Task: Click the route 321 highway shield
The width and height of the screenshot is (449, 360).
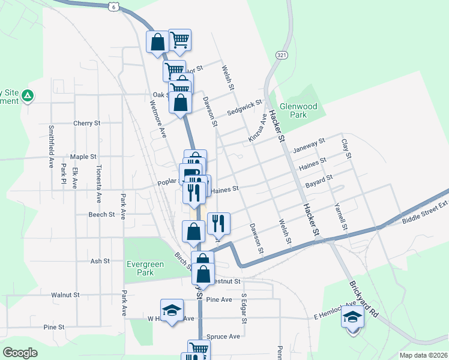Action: (281, 55)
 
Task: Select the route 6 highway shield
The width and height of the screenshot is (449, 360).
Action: (113, 6)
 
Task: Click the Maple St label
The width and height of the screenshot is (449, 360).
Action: (83, 157)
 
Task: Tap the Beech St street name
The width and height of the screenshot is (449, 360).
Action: (101, 214)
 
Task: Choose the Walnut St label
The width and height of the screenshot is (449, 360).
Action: (65, 295)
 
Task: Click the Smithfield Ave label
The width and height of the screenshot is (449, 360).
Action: (52, 140)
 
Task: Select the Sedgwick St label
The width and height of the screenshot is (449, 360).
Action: (245, 109)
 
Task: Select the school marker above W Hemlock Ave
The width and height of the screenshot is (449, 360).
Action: (172, 310)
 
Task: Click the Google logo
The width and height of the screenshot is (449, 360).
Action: (20, 353)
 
